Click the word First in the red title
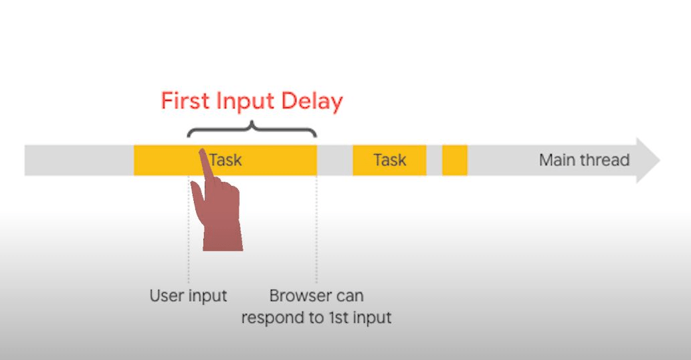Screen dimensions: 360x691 [185, 101]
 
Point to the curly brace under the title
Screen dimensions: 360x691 [252, 128]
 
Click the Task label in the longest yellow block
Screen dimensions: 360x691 [225, 160]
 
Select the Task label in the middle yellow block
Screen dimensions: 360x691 [389, 160]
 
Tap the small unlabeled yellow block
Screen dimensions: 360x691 [455, 160]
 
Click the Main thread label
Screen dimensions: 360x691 [584, 160]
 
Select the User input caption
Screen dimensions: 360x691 [188, 296]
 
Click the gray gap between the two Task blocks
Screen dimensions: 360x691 [334, 160]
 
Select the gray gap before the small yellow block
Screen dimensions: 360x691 [434, 160]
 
